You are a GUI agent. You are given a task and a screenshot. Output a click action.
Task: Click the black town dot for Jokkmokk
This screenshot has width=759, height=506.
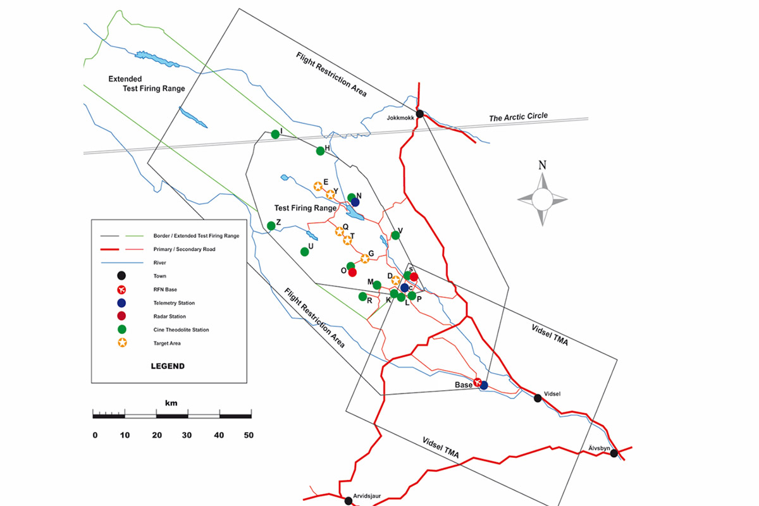pos(419,113)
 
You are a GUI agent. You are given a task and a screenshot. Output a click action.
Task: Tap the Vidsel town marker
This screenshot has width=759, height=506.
pos(538,398)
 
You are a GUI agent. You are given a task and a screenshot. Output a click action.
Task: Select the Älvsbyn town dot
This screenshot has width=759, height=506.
pos(614,453)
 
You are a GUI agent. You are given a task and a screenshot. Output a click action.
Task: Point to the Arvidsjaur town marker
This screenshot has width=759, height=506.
pos(348,500)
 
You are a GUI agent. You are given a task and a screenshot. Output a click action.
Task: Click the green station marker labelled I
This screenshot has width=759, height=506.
pos(275,134)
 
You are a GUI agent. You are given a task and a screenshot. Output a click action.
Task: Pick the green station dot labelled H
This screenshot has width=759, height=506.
pos(320,151)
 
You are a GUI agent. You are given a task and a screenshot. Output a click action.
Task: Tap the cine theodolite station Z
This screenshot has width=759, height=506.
pos(271,226)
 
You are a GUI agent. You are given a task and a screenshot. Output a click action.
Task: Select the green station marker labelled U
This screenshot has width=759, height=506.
pos(304,251)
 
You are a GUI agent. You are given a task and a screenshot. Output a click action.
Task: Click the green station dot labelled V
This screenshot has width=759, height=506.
pos(395,235)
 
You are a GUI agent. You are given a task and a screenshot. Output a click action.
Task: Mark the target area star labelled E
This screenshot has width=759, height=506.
pos(318,186)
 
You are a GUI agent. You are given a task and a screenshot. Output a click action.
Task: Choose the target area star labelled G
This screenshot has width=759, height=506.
pos(364,258)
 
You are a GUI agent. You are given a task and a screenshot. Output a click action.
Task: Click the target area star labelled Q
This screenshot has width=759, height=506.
pos(340,231)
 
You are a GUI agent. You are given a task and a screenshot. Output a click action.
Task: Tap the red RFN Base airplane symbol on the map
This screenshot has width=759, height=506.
pos(479,383)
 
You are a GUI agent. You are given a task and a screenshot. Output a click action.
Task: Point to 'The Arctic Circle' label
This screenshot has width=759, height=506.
pos(518,117)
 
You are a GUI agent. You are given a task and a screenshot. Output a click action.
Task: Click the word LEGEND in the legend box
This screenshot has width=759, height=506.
pos(168,366)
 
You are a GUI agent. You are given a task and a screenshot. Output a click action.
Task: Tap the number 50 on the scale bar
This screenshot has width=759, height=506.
pos(248,435)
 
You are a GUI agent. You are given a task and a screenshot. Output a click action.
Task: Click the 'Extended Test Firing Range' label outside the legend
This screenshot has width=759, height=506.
pos(146,83)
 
